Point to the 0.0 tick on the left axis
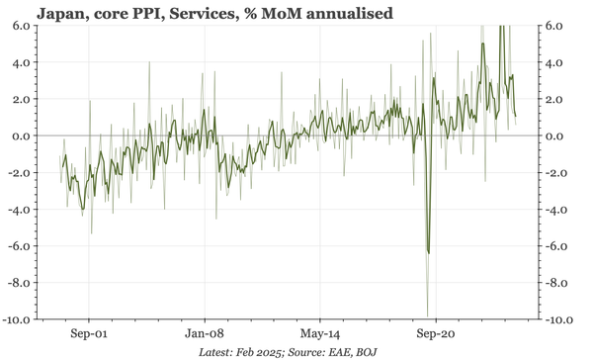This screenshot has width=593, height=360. pyautogui.click(x=20, y=136)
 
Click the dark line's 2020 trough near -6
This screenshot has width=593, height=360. pyautogui.click(x=428, y=253)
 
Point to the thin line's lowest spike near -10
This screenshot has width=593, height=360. pyautogui.click(x=427, y=315)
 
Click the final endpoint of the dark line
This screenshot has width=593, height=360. pyautogui.click(x=516, y=117)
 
